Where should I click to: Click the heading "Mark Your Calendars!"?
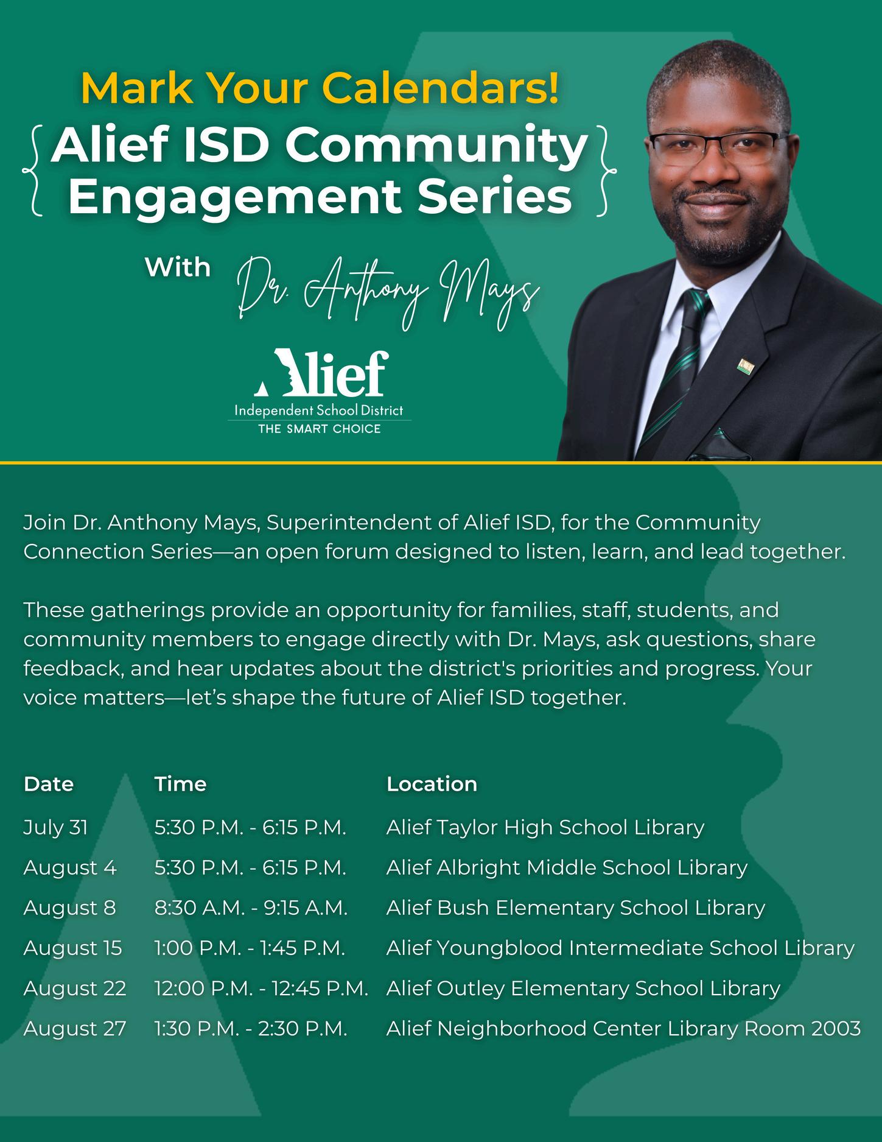pos(320,89)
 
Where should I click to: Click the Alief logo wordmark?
pos(321,373)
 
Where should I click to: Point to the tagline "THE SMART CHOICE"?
pos(320,429)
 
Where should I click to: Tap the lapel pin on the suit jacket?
pos(746,366)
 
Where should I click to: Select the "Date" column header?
pos(49,784)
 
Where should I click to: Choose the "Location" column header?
pos(432,784)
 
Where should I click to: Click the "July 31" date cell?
pos(55,828)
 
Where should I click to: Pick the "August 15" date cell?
pos(72,948)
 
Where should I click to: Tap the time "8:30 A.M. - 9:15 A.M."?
pos(251,908)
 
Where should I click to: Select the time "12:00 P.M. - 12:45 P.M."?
pos(261,989)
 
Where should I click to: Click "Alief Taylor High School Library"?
pos(545,828)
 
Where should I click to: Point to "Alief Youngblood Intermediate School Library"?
pos(620,948)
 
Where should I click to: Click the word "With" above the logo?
pos(178,267)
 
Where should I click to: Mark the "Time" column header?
pos(180,784)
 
